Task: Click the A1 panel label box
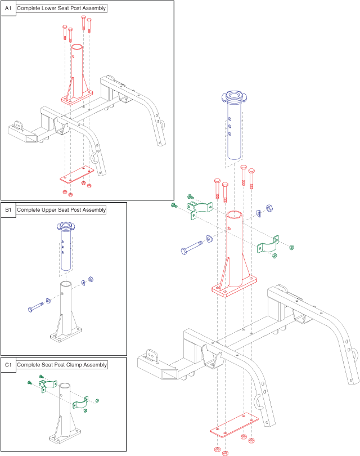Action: (8, 8)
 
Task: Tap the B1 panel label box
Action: (8, 210)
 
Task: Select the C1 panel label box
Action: (8, 365)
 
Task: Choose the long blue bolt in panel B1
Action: (37, 307)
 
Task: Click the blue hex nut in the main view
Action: (269, 208)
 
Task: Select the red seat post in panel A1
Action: (76, 73)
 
